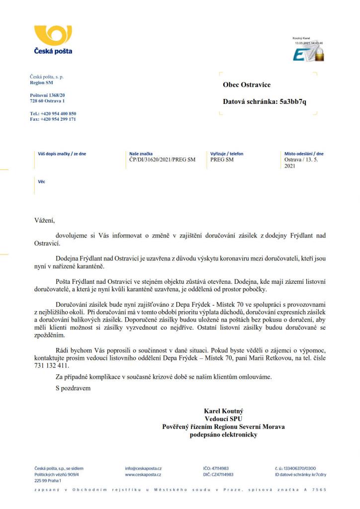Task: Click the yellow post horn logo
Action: pyautogui.click(x=53, y=35)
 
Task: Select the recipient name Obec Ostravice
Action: pyautogui.click(x=247, y=85)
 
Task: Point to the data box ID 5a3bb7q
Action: pyautogui.click(x=293, y=102)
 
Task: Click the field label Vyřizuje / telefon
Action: pyautogui.click(x=227, y=154)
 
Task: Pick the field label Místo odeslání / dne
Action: pyautogui.click(x=304, y=154)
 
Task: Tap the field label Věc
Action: pyautogui.click(x=41, y=182)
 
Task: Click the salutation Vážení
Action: pyautogui.click(x=44, y=220)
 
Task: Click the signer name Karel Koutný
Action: pyautogui.click(x=223, y=412)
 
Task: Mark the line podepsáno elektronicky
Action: pyautogui.click(x=223, y=435)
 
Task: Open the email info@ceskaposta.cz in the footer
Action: pyautogui.click(x=143, y=468)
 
